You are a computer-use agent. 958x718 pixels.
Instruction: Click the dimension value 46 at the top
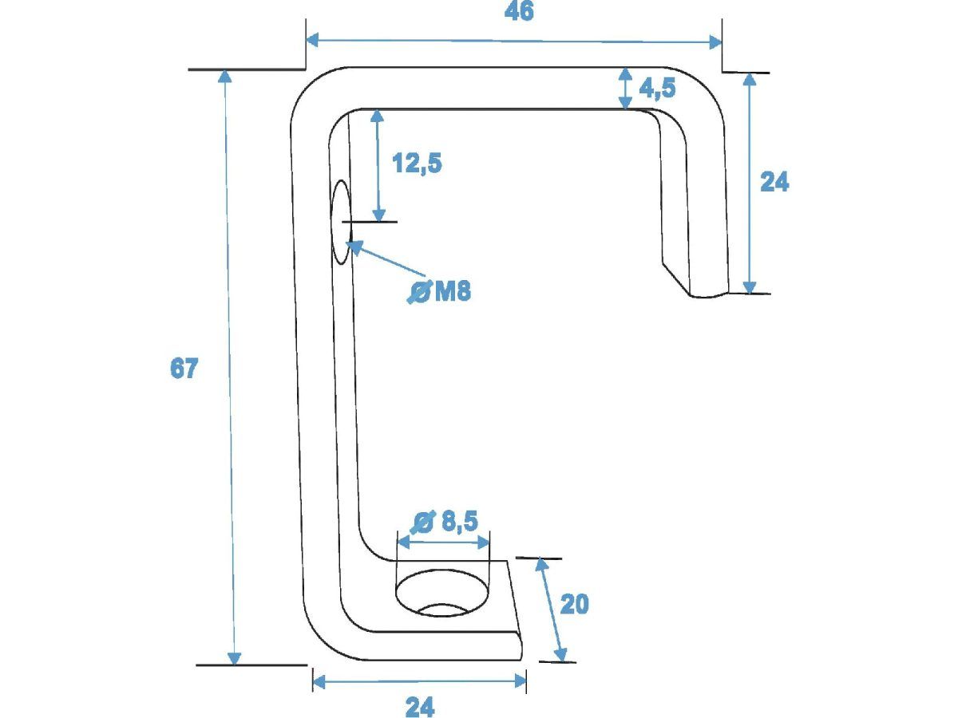[x=520, y=12]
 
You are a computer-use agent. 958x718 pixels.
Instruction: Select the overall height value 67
[x=184, y=369]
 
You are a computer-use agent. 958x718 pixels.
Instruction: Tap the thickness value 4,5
[x=657, y=87]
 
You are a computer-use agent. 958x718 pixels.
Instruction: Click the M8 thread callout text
[x=453, y=292]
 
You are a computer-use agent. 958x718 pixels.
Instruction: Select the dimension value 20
[x=574, y=605]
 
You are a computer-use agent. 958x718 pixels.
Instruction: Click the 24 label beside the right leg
[x=774, y=183]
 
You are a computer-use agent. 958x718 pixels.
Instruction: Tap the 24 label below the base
[x=420, y=707]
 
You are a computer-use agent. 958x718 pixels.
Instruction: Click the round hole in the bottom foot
[x=441, y=595]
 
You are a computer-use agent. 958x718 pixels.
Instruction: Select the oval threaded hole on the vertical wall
[x=341, y=221]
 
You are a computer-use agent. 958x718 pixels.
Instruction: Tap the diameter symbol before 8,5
[x=423, y=523]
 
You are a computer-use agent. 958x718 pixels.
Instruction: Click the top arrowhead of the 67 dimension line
[x=225, y=76]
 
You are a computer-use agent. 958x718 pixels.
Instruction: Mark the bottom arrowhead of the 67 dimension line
[x=235, y=658]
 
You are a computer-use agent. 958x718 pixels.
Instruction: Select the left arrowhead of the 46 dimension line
[x=313, y=39]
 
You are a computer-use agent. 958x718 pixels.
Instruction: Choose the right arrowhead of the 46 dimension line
[x=716, y=42]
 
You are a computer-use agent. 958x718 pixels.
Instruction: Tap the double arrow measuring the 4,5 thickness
[x=625, y=88]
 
